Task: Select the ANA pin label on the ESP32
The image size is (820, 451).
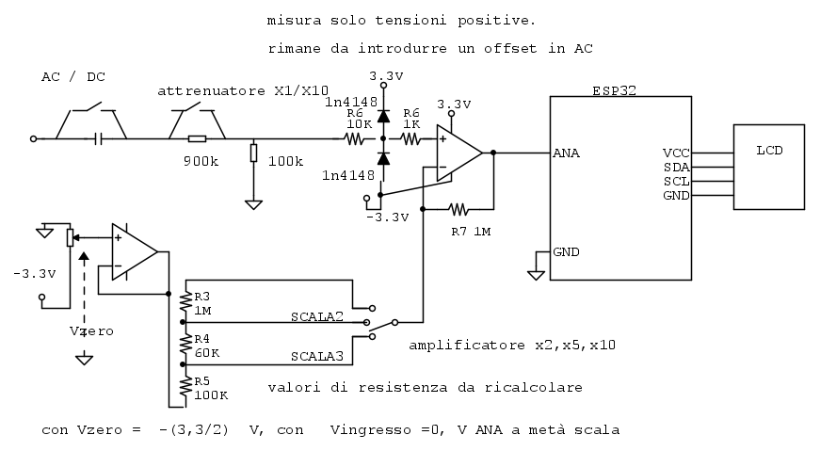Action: (566, 153)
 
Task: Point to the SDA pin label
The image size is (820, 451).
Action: (676, 167)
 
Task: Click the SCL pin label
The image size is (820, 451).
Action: (676, 181)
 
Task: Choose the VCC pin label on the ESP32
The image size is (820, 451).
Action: (676, 153)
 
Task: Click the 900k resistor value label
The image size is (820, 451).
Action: (201, 161)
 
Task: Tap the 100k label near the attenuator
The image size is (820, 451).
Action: (285, 161)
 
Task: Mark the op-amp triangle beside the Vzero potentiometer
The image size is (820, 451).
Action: (133, 251)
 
